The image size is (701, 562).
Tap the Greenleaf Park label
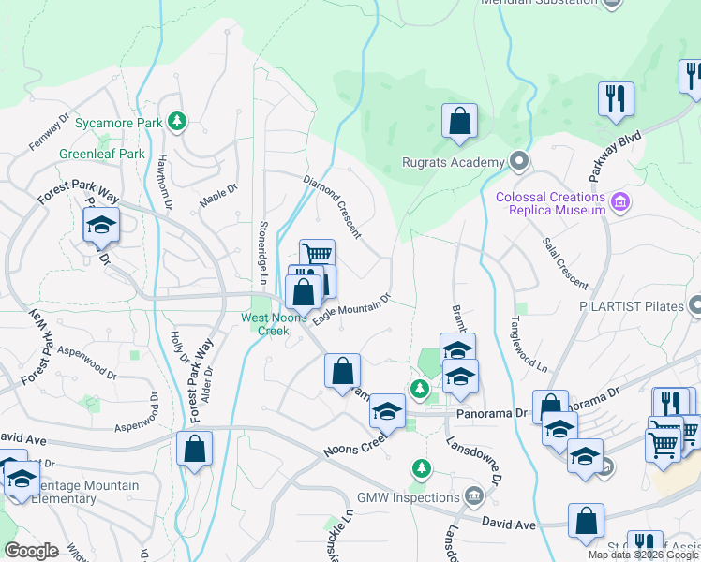(102, 154)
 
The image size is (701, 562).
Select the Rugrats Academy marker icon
(518, 163)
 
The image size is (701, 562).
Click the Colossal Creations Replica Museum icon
(619, 202)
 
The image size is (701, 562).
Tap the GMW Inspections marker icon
(474, 495)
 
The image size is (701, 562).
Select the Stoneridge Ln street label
(261, 254)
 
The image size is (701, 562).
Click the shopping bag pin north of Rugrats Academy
(459, 122)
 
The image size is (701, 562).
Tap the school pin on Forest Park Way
(101, 226)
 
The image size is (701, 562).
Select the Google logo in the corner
(31, 550)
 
